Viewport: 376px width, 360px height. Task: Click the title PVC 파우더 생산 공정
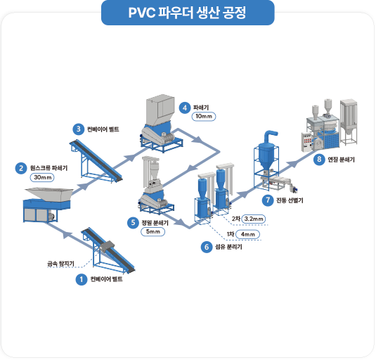(188, 13)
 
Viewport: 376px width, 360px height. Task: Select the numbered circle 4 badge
(183, 108)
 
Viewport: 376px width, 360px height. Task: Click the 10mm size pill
(203, 117)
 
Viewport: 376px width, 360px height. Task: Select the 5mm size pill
(154, 231)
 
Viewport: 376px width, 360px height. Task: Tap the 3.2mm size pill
(253, 219)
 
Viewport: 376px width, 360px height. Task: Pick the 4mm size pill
(247, 233)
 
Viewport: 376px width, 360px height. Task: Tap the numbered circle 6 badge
(206, 247)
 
